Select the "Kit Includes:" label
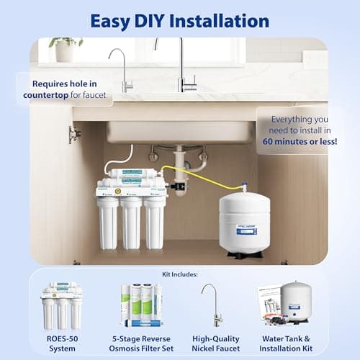coord(179,274)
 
